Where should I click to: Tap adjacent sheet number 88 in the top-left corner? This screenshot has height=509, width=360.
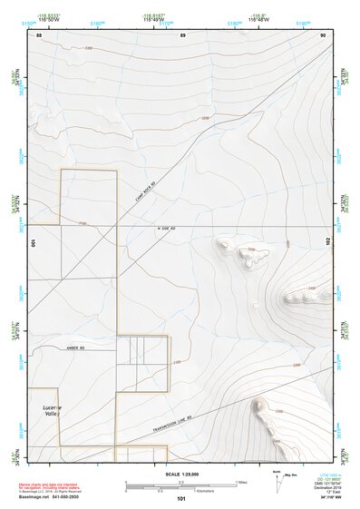tap(39, 34)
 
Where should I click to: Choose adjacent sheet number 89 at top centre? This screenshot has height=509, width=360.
tap(182, 34)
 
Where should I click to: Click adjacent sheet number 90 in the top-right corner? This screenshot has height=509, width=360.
tap(323, 34)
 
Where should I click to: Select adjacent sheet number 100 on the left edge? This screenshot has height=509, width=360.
tap(32, 243)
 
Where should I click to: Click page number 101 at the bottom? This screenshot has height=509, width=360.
tap(181, 500)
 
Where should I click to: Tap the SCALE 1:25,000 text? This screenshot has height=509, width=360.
tap(181, 474)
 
